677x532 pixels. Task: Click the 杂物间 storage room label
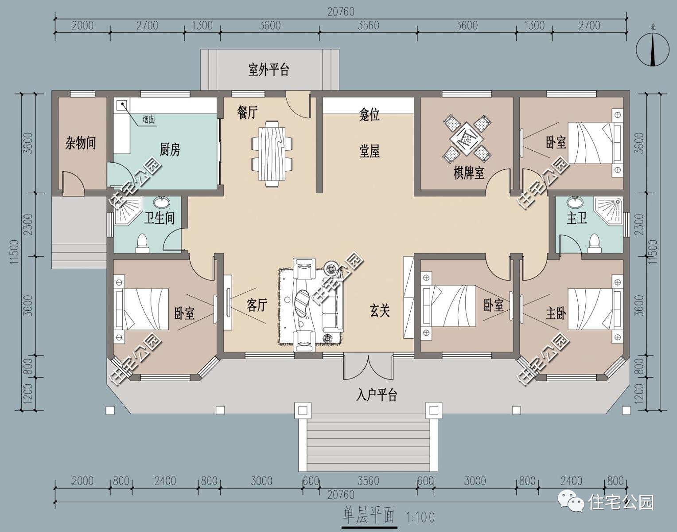tap(80, 143)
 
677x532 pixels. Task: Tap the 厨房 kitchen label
tap(170, 149)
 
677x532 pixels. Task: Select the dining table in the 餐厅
tap(272, 154)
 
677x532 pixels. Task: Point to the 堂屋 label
tap(369, 151)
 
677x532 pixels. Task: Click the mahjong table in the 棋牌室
tap(467, 139)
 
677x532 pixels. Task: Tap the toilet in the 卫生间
tap(142, 243)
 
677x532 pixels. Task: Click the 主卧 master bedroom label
tap(556, 313)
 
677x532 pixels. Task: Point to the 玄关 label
tap(380, 310)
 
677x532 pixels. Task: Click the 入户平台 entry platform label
tap(376, 395)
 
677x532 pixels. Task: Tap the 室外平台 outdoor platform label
tap(268, 70)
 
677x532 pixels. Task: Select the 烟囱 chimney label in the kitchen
tap(148, 120)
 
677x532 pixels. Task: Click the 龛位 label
tap(369, 114)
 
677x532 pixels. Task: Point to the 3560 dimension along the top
tap(368, 25)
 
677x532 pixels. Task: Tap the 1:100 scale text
tap(420, 517)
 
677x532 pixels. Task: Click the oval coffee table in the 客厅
tap(302, 303)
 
